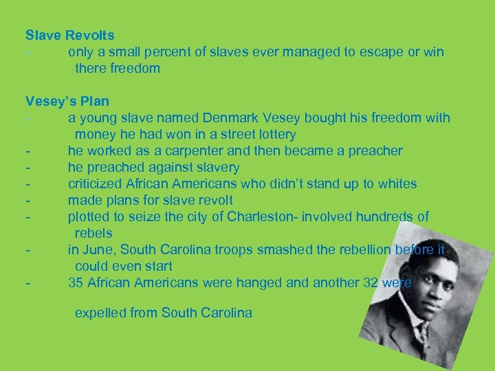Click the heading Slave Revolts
70,34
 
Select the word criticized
97,183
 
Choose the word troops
243,249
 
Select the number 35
76,282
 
